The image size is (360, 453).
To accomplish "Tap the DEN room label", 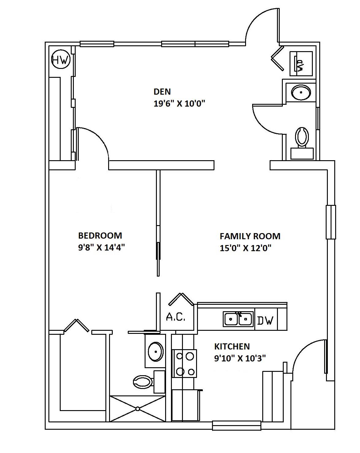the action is coord(162,92).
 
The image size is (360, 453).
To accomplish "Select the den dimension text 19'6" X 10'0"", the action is coord(179,104).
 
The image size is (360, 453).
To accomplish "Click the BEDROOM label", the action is coord(100,236).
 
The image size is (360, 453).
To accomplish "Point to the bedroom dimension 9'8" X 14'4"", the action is coord(101,247).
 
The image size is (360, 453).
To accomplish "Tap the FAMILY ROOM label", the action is coord(250,236).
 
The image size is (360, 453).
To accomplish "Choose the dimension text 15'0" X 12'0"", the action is coord(245,248).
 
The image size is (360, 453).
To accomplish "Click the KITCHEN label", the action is coord(232,346).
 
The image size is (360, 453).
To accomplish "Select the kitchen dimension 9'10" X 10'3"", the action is coord(240,358).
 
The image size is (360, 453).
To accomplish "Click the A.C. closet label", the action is coord(176,317).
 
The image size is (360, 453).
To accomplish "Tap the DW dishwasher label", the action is coord(265,321).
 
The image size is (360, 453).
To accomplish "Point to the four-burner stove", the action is coord(184,363).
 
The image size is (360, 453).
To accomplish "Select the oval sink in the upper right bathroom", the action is coord(301,92).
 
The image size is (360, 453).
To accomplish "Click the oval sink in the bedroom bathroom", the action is coord(155,352).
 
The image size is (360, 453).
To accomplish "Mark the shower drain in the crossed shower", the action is coord(138,409).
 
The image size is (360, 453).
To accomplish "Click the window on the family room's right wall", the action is coord(331,222).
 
